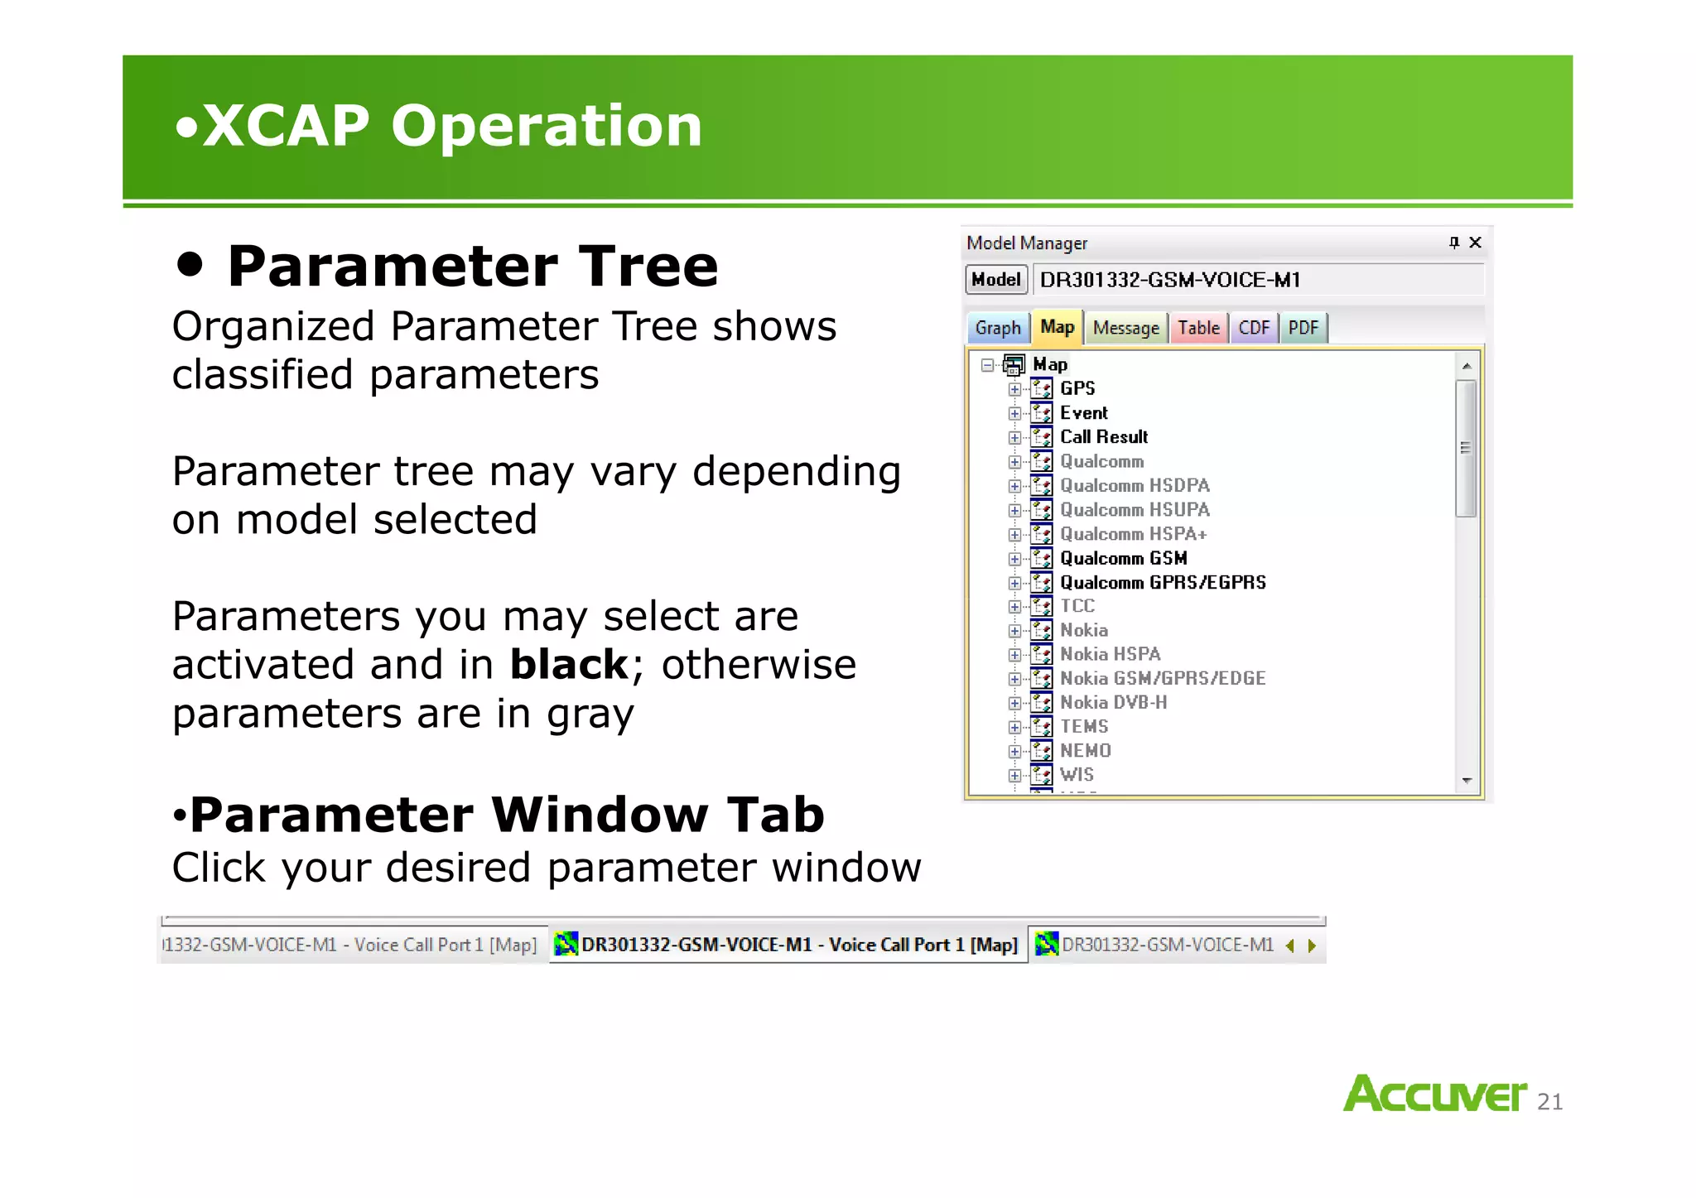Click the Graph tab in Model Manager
998,328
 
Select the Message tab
1125,328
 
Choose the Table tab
1198,328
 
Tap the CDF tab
1254,328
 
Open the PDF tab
1303,328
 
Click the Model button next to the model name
996,280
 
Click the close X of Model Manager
1475,243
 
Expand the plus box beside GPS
1014,389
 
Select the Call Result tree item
1103,437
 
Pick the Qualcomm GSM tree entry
1123,559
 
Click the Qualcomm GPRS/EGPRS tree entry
1163,583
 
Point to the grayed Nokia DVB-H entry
1113,703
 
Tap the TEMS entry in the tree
1084,727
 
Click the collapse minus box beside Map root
987,365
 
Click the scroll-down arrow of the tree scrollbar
1467,781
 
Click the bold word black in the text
569,665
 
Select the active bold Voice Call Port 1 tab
787,945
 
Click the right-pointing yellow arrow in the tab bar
1312,945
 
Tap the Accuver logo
1434,1094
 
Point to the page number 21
1549,1102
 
